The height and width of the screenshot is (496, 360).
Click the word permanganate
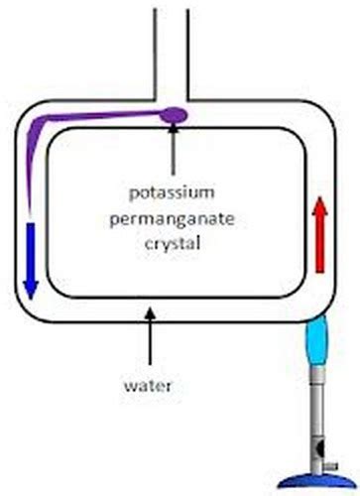[175, 214]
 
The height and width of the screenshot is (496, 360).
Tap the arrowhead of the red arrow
[319, 203]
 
